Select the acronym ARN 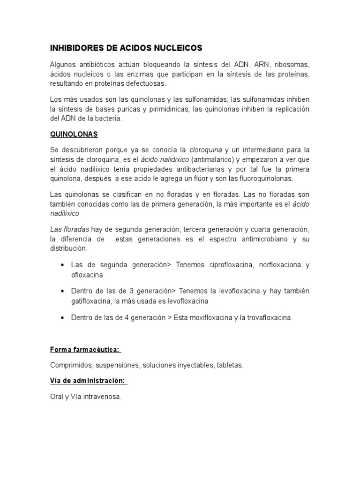(261, 64)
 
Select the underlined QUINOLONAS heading (74, 134)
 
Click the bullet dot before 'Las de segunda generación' (63, 265)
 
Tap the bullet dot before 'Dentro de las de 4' (63, 317)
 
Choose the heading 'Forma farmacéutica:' (85, 350)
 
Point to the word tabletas (229, 365)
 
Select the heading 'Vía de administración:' (88, 381)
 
